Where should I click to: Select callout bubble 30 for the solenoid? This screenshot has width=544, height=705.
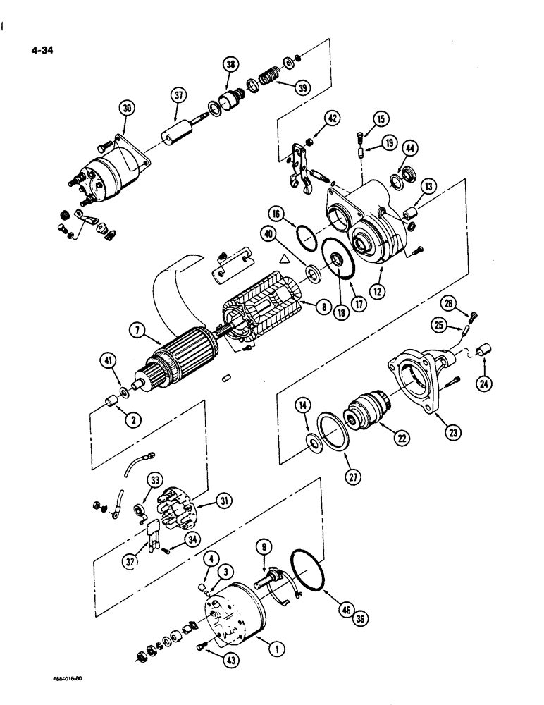click(x=127, y=109)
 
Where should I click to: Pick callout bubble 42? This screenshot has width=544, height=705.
click(x=335, y=118)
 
